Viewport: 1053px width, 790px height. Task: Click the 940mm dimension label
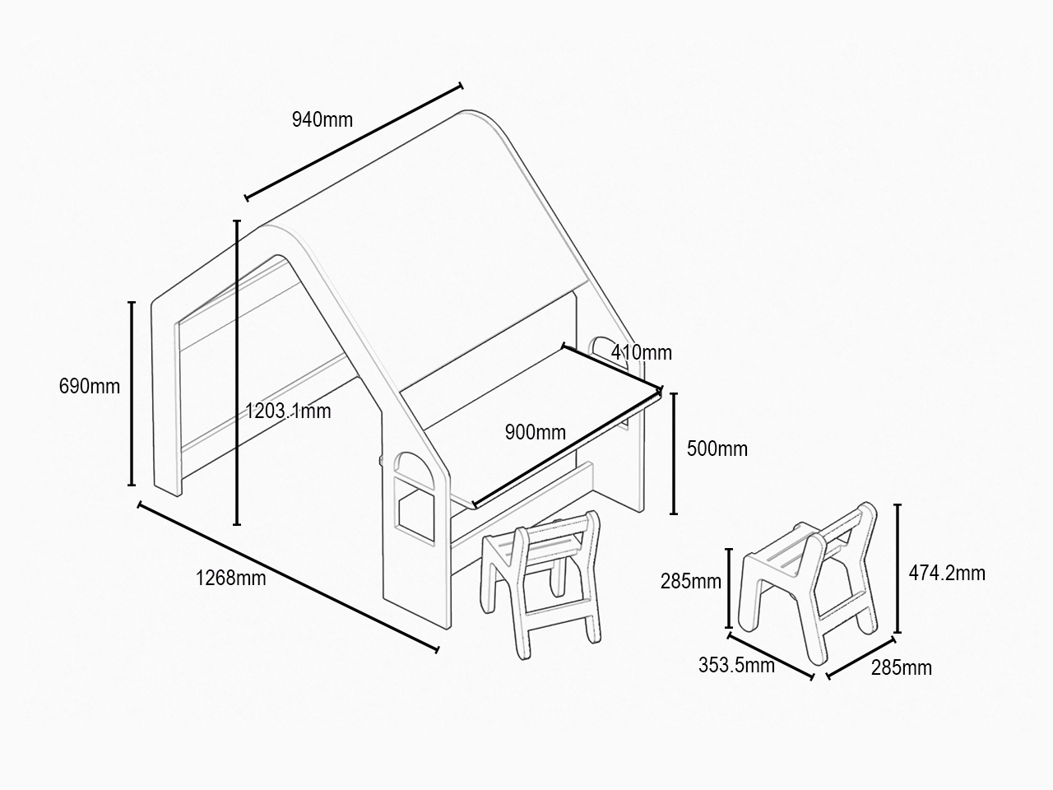[322, 120]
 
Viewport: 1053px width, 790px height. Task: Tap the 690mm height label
[89, 386]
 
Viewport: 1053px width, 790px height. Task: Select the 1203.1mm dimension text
[288, 411]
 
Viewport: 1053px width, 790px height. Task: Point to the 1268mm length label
[230, 578]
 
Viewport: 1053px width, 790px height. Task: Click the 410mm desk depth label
[642, 352]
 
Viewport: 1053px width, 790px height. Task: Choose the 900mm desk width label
[536, 432]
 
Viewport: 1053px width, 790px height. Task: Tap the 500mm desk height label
[717, 449]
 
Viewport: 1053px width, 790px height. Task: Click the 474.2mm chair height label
[947, 574]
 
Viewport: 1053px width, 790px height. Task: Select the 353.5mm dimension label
[736, 665]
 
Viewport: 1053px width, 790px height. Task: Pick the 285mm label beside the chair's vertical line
[691, 581]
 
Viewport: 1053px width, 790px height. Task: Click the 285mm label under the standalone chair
[902, 667]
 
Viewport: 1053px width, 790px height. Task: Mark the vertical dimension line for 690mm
[132, 393]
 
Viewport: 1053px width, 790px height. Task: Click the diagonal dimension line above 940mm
[354, 142]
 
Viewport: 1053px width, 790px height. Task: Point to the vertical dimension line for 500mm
[674, 453]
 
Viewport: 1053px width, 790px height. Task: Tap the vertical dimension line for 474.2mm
[898, 569]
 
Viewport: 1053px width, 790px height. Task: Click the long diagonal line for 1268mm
[288, 578]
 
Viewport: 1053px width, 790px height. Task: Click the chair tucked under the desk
[541, 583]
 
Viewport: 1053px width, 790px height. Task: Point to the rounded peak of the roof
[468, 114]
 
